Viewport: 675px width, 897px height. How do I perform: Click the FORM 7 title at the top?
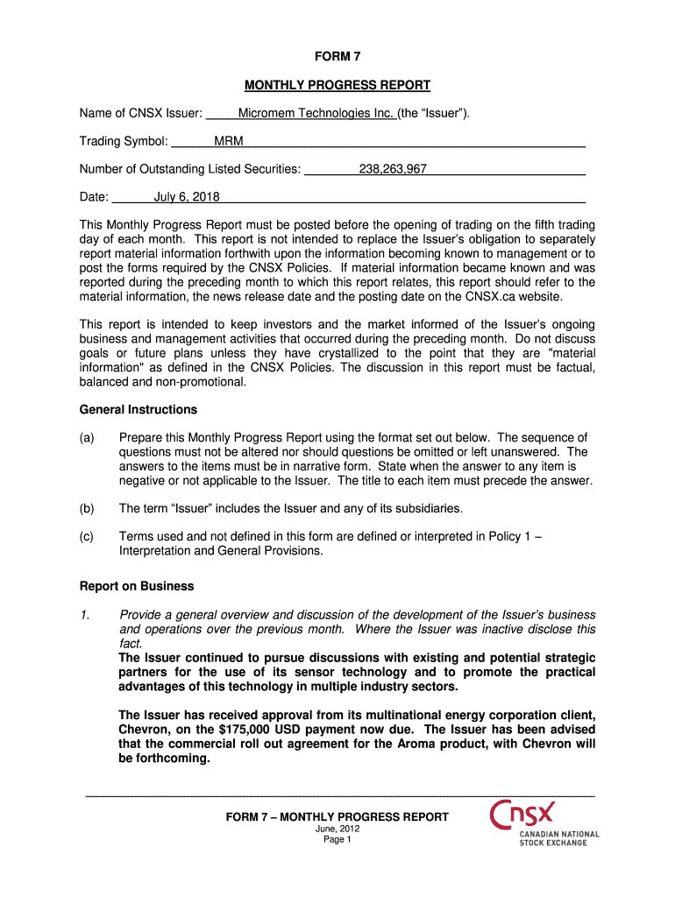337,57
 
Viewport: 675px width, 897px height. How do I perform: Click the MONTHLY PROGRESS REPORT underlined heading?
337,85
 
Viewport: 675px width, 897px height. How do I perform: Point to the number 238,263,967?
393,169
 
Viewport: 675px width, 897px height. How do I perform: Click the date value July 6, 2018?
187,197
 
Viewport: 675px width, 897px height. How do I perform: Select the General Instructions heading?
139,409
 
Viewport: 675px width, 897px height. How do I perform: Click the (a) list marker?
87,438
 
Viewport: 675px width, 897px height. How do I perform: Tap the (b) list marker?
87,509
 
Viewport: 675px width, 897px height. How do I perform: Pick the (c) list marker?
87,537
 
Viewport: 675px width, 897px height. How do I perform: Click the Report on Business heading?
137,586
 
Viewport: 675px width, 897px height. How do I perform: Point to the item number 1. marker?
84,615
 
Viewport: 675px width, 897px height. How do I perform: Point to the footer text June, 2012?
337,829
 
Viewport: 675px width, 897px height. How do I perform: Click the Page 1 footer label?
337,839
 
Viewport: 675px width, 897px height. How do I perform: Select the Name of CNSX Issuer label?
141,113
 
